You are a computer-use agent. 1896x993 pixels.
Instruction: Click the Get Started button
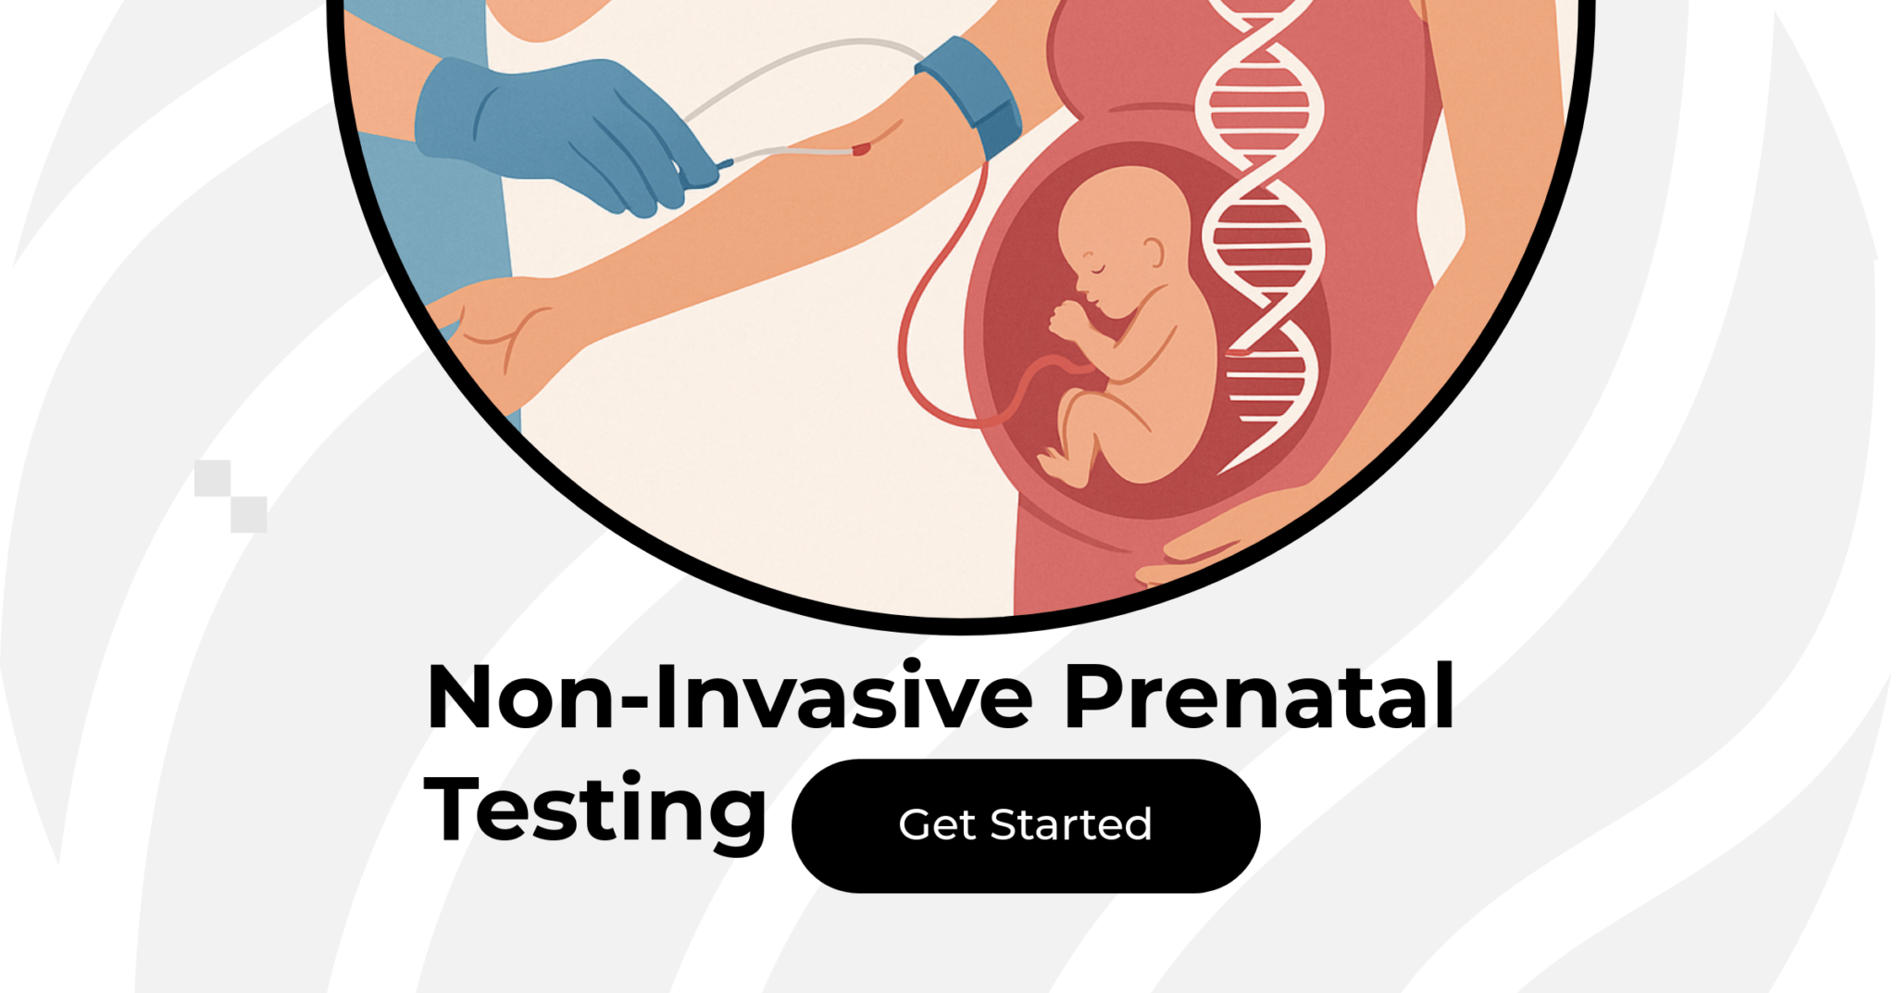(1025, 825)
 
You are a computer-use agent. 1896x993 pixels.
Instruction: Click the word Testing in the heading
(595, 810)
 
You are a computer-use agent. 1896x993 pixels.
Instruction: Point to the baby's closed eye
(1098, 269)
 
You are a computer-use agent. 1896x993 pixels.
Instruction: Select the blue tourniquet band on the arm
(972, 93)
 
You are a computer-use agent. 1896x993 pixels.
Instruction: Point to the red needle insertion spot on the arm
(862, 148)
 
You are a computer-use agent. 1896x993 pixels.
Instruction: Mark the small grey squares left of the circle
(231, 496)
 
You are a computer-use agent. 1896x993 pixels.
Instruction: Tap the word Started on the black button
(1070, 825)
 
